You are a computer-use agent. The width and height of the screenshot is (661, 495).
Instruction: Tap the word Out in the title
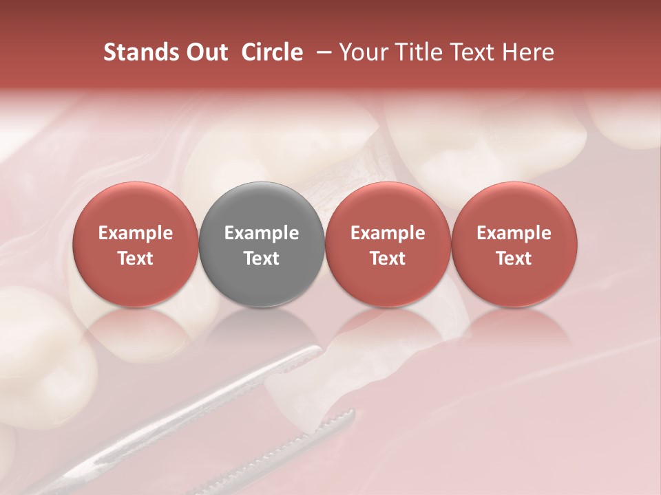tap(206, 52)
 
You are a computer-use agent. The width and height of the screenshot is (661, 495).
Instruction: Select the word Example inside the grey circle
tap(262, 233)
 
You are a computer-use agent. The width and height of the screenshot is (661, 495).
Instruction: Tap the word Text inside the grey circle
tap(262, 258)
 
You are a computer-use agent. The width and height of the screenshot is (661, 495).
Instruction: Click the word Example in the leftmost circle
tap(135, 233)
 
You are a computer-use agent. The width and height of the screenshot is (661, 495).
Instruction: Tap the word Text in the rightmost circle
tap(514, 258)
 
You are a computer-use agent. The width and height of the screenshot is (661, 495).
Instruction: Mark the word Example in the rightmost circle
tap(514, 233)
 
